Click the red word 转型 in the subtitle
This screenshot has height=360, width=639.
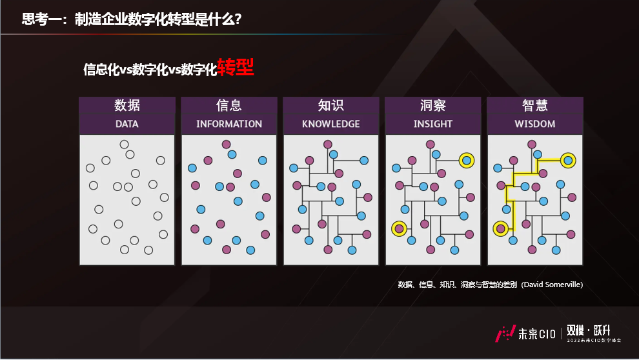(x=236, y=68)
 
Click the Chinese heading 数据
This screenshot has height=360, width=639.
(x=127, y=105)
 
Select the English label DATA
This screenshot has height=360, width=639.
(x=127, y=124)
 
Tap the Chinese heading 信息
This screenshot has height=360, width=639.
(x=229, y=105)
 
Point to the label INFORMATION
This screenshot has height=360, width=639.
(x=229, y=124)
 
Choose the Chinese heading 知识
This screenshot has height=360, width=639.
(x=331, y=105)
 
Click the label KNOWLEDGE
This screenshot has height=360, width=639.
(x=331, y=124)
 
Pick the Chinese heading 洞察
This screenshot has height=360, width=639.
(x=433, y=105)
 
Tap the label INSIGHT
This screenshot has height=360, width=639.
(x=433, y=124)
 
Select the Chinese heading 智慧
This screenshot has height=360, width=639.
(x=535, y=105)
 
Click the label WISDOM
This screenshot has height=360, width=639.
(x=535, y=124)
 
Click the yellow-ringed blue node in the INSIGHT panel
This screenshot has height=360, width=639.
(x=466, y=160)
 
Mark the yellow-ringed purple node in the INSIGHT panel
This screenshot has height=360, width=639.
(x=399, y=228)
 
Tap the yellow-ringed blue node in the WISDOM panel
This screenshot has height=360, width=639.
(x=567, y=160)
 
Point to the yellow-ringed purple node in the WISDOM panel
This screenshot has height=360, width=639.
(x=500, y=228)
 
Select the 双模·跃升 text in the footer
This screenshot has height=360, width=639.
(x=589, y=329)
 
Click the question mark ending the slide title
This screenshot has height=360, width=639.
(x=238, y=19)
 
